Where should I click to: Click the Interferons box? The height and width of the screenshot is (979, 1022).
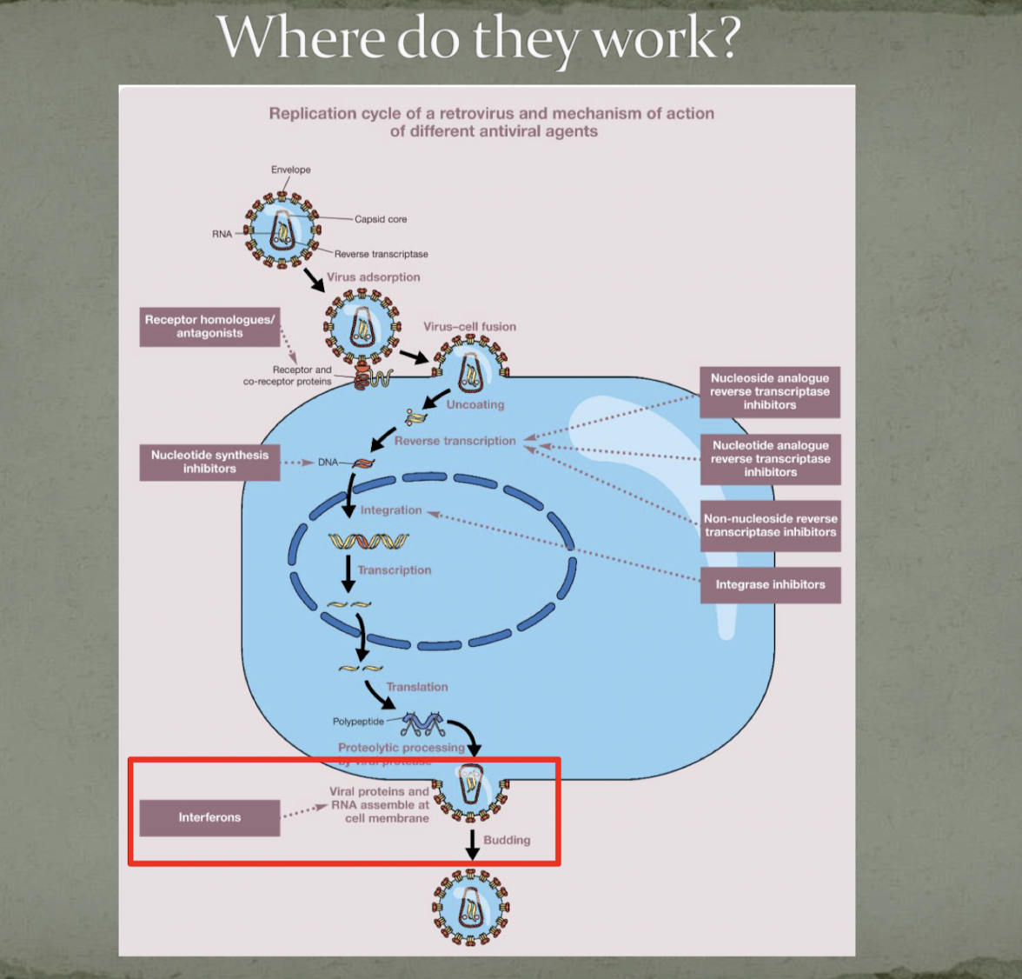pos(209,817)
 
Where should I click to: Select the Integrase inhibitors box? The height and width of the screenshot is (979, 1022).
pos(770,584)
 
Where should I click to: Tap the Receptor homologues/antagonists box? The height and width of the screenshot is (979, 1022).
pos(209,326)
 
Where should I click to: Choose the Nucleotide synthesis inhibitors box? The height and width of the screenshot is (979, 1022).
pos(209,462)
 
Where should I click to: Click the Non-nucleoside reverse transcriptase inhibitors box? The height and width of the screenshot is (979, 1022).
pos(770,525)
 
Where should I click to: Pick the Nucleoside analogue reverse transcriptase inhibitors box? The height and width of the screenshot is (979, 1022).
pos(769,391)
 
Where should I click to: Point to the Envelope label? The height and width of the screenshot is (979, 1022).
pos(290,170)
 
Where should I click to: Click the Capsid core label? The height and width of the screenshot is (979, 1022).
pos(381,219)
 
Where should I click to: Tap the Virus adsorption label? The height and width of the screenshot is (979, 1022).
pos(373,277)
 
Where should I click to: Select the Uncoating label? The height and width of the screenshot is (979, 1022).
pos(475,404)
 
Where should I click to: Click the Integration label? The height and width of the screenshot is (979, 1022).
pos(391,510)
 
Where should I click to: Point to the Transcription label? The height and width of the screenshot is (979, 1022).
pos(395,570)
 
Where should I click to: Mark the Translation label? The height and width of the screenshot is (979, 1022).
pos(417,687)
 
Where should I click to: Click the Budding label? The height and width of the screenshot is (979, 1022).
pos(507,840)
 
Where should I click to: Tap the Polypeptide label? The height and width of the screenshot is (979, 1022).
pos(358,722)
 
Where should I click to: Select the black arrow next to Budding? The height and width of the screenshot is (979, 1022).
pos(472,844)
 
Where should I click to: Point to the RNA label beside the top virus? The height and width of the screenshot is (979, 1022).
pos(222,234)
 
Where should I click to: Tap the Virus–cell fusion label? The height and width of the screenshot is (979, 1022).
pos(469,327)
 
